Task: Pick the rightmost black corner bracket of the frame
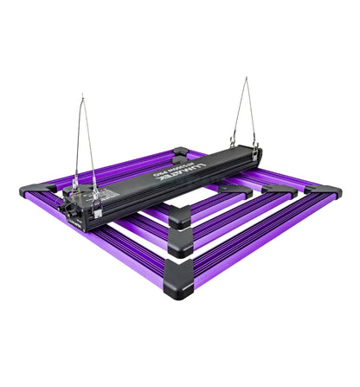329,193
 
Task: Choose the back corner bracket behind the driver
182,151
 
